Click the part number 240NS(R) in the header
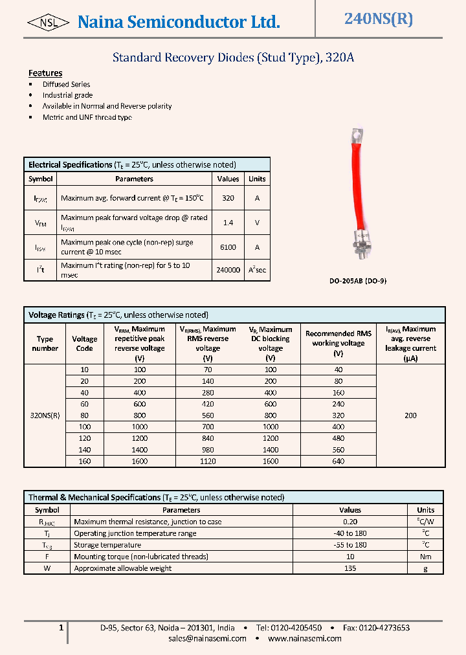pyautogui.click(x=378, y=19)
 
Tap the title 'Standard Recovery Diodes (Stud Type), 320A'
pyautogui.click(x=233, y=58)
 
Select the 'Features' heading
pyautogui.click(x=45, y=73)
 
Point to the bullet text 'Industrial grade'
pyautogui.click(x=67, y=95)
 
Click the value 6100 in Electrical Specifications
pyautogui.click(x=228, y=247)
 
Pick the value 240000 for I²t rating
pyautogui.click(x=228, y=270)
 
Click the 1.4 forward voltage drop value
pyautogui.click(x=228, y=222)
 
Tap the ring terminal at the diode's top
pyautogui.click(x=355, y=136)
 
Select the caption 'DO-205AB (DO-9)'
pyautogui.click(x=358, y=282)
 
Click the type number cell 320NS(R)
pyautogui.click(x=45, y=416)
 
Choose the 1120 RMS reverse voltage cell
pyautogui.click(x=208, y=461)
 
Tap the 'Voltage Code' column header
pyautogui.click(x=84, y=344)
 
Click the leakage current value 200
pyautogui.click(x=410, y=416)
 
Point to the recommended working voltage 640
pyautogui.click(x=338, y=461)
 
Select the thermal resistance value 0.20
pyautogui.click(x=350, y=522)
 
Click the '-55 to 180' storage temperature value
pyautogui.click(x=350, y=545)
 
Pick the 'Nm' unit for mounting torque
pyautogui.click(x=425, y=557)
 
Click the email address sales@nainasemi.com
pyautogui.click(x=207, y=638)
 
